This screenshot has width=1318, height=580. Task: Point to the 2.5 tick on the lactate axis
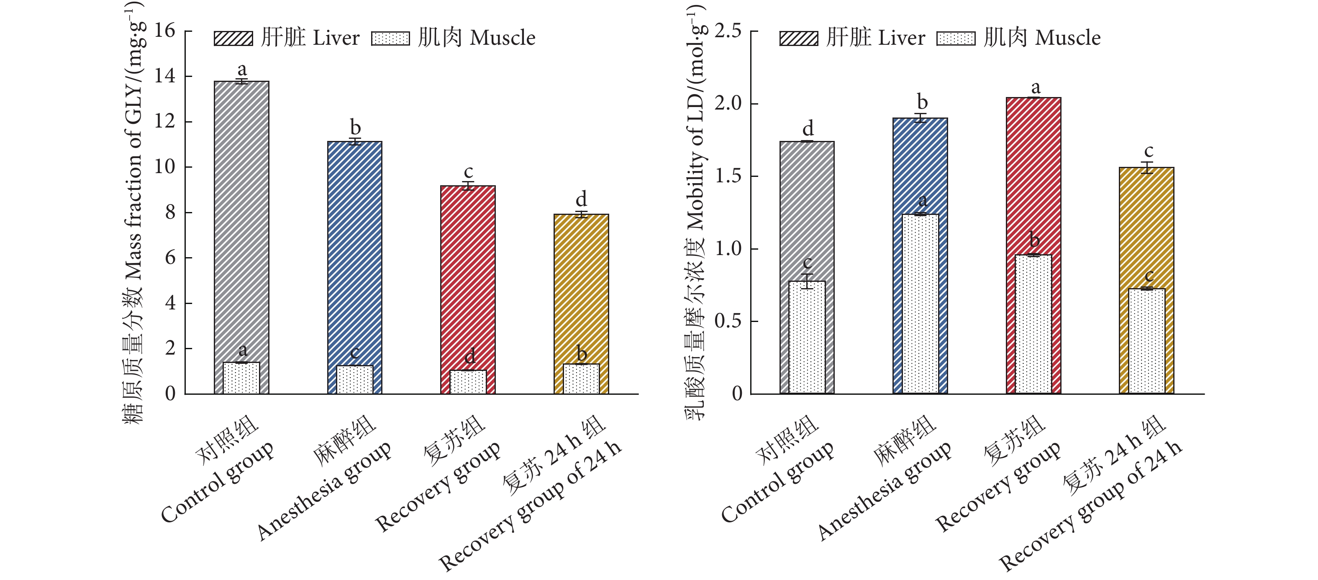[728, 31]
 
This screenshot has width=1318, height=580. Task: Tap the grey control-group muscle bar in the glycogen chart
[241, 378]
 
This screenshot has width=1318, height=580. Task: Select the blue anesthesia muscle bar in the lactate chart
[920, 304]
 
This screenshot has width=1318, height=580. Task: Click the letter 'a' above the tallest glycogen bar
[242, 69]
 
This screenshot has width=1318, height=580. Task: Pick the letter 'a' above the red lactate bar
[1036, 87]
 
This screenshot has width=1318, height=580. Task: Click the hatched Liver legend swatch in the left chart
[233, 38]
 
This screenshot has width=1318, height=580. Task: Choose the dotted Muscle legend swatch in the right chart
[956, 38]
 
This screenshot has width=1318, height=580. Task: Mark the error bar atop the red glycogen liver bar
[468, 186]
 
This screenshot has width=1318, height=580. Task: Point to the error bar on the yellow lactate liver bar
[1146, 168]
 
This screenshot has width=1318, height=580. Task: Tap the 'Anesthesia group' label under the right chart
[885, 491]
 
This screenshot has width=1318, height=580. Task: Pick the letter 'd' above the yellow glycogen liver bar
[581, 199]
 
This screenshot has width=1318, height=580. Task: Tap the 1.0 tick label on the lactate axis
[728, 249]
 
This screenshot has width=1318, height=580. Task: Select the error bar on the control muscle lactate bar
[807, 281]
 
